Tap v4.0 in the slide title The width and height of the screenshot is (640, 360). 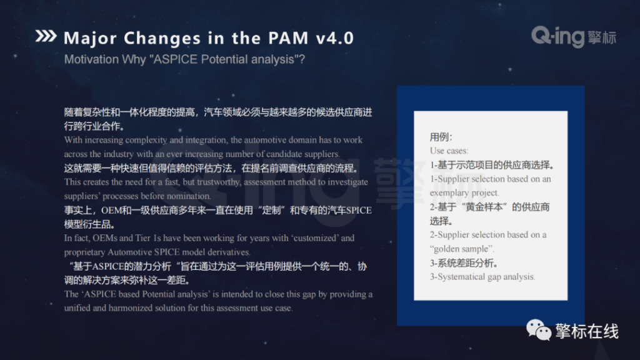click(334, 37)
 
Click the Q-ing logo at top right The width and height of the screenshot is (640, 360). click(573, 37)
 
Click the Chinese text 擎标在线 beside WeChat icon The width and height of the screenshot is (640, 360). click(586, 330)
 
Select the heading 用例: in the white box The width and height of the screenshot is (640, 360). click(441, 137)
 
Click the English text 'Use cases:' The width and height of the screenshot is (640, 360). click(449, 151)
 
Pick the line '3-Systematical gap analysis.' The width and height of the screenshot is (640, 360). click(482, 276)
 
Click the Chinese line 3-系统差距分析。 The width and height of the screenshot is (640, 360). click(464, 262)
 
